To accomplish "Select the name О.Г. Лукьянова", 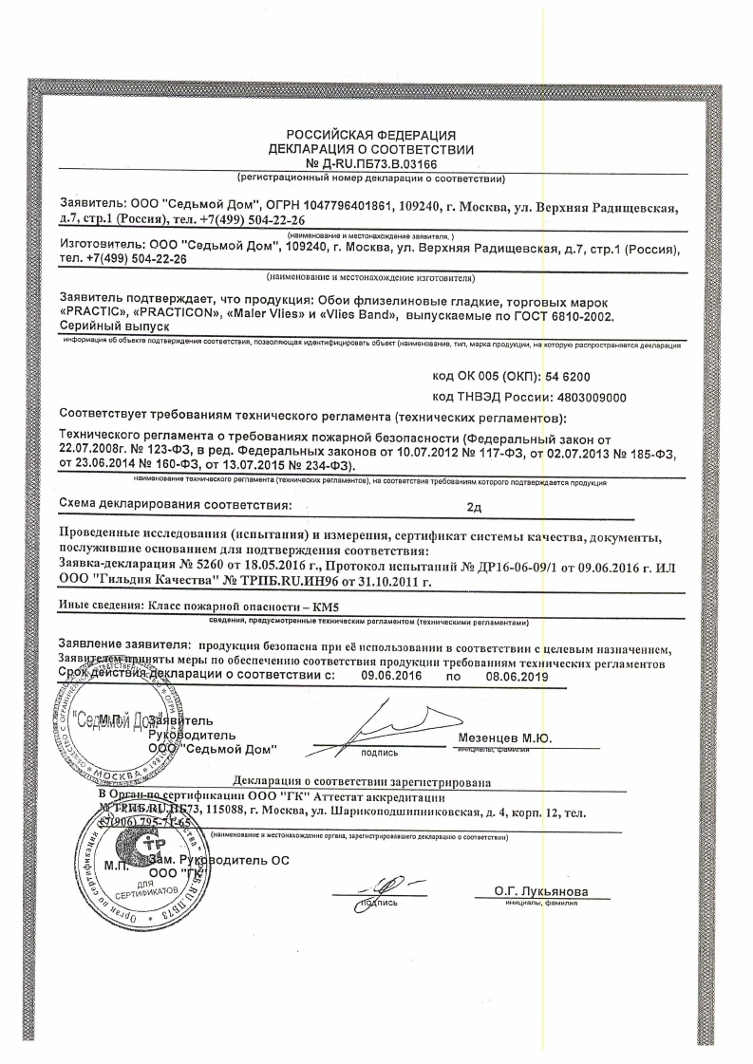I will (541, 891).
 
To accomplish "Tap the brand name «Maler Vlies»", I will (270, 314).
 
